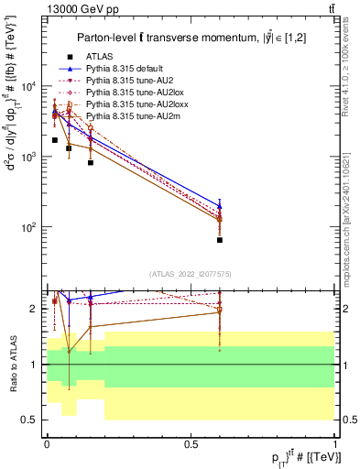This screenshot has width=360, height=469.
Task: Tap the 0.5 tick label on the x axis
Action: [191, 443]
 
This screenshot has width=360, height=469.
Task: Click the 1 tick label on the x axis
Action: [335, 443]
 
